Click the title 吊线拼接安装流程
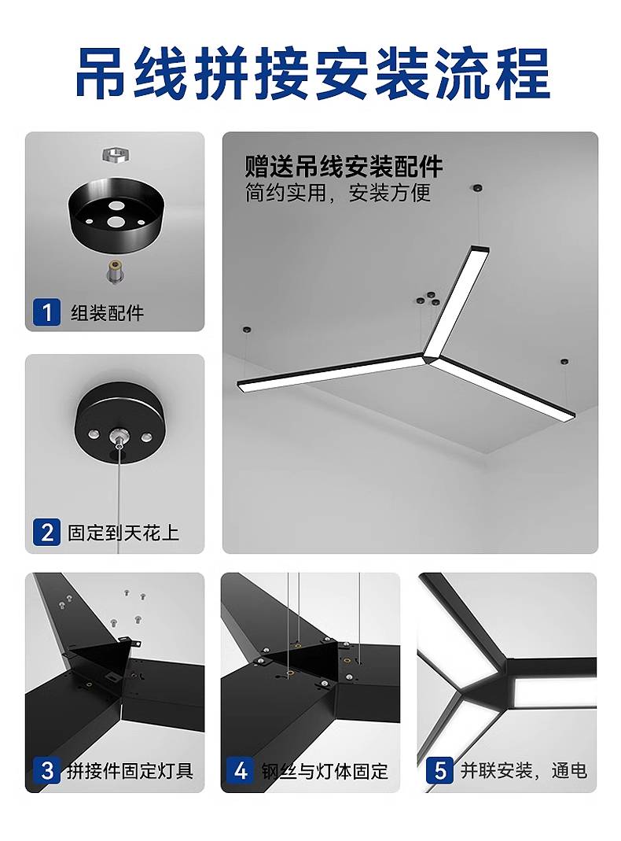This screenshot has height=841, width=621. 312,73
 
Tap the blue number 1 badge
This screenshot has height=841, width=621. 46,312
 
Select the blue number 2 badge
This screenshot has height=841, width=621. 46,533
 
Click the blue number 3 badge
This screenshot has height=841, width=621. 46,771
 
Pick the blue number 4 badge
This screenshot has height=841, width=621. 241,771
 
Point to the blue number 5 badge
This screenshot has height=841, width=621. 440,771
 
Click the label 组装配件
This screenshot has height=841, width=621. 107,312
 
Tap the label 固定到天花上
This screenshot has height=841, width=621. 123,533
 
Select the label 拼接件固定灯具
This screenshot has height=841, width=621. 130,771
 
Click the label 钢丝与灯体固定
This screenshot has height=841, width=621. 325,771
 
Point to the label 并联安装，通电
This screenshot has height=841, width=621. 524,771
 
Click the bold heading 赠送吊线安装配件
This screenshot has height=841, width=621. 344,167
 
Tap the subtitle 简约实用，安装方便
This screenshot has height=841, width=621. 338,193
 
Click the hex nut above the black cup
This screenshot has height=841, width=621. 117,155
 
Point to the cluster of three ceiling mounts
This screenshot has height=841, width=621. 429,299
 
